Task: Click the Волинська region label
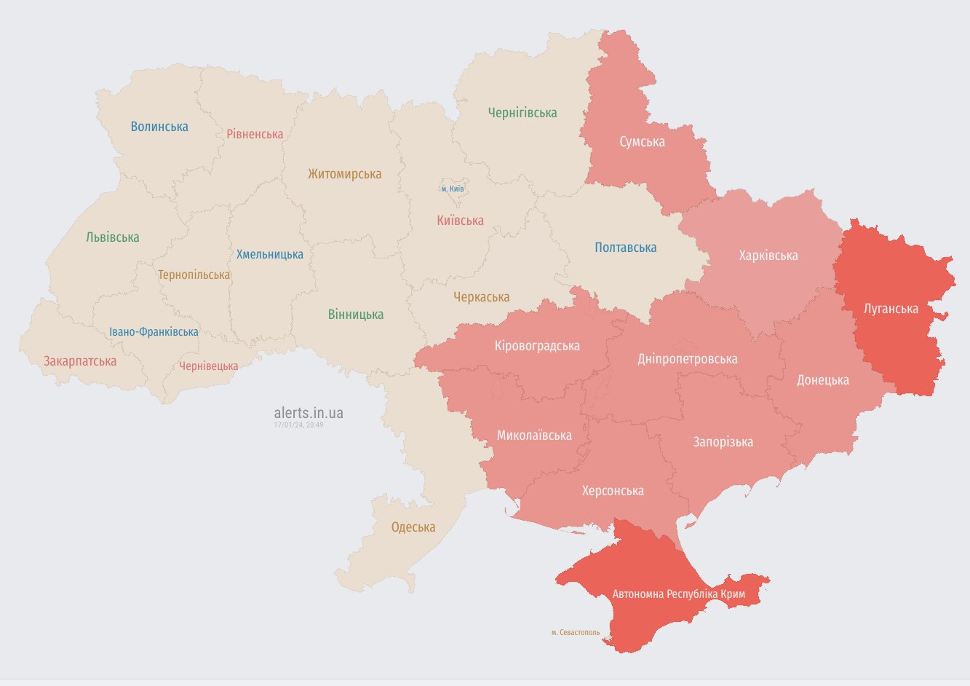[x=159, y=127]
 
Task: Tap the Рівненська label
[x=255, y=134]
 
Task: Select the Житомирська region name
[x=344, y=174]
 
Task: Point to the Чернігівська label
[x=522, y=113]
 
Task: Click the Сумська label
[x=642, y=142]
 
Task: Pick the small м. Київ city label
[x=452, y=189]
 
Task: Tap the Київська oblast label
[x=460, y=221]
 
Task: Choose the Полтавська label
[x=625, y=248]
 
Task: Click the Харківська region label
[x=768, y=256]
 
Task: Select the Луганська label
[x=891, y=309]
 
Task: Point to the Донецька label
[x=822, y=380]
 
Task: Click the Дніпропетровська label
[x=687, y=359]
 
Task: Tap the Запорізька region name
[x=723, y=442]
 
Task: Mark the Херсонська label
[x=613, y=491]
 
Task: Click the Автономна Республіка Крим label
[x=678, y=594]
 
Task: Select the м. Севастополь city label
[x=576, y=632]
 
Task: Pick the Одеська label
[x=413, y=527]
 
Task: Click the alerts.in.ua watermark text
[x=309, y=413]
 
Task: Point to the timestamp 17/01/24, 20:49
[x=298, y=425]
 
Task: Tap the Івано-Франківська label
[x=154, y=332]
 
